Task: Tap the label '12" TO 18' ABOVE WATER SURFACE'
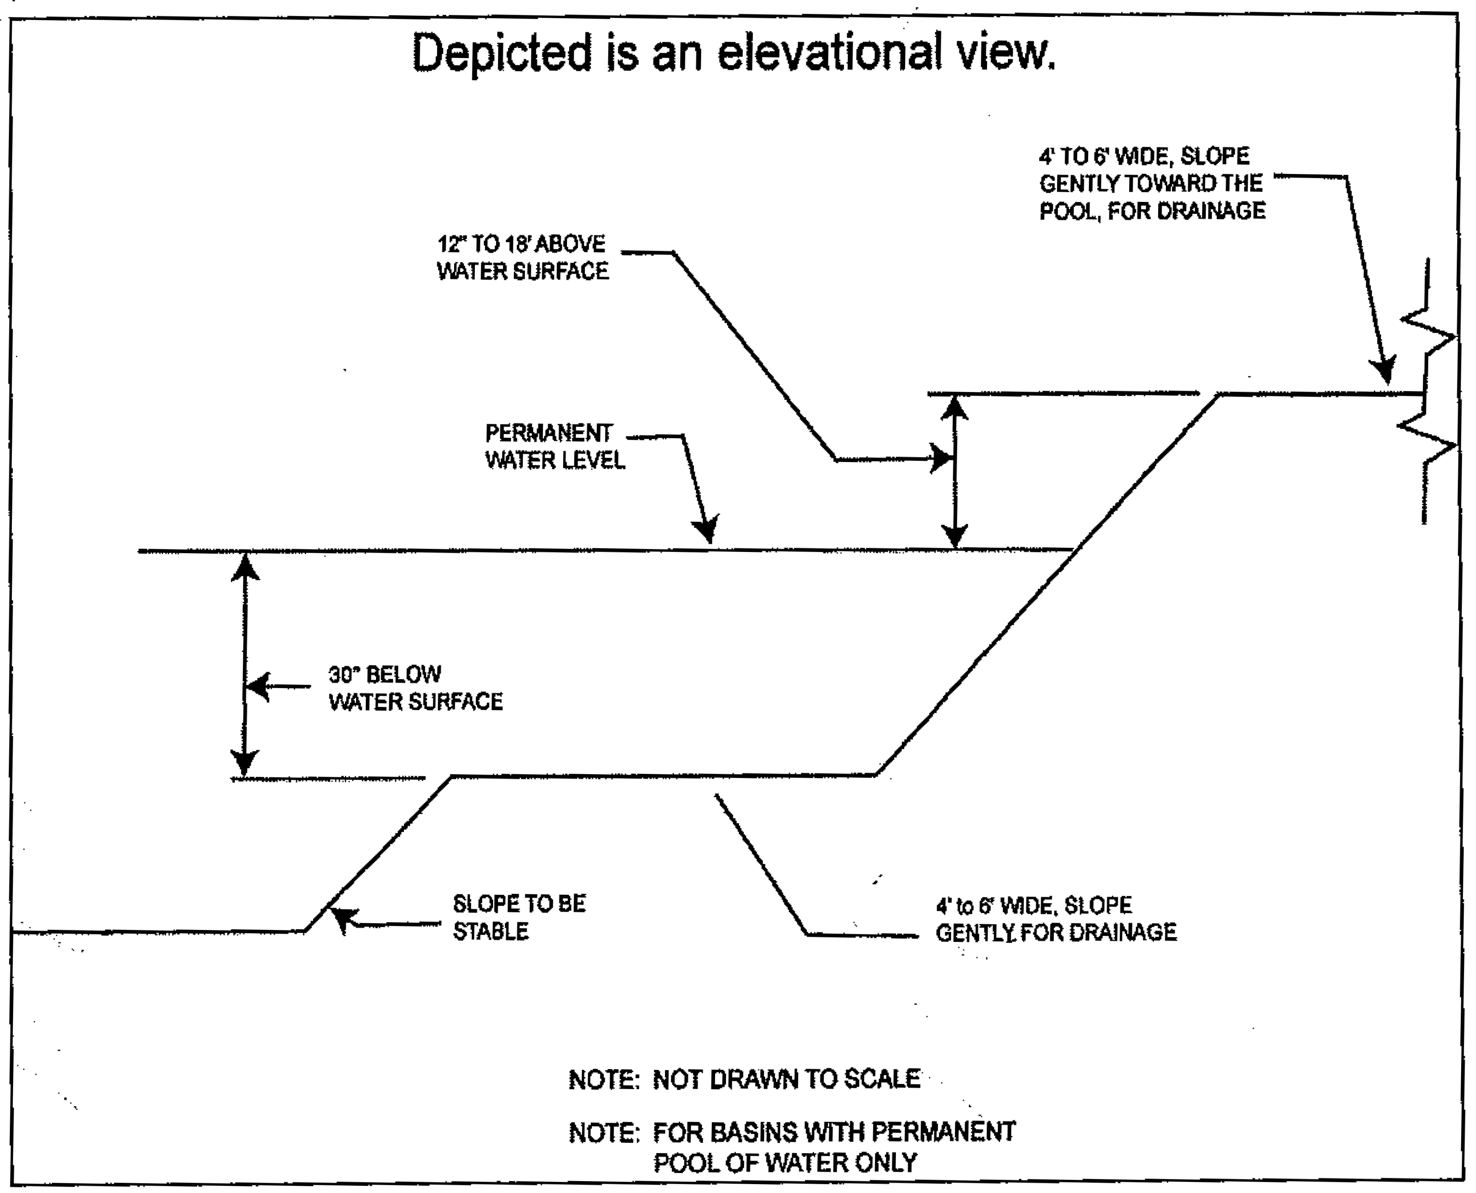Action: tap(522, 258)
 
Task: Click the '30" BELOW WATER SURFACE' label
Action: tap(415, 688)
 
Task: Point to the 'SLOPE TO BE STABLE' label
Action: tap(519, 917)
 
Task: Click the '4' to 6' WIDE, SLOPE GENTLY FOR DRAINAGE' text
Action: tap(1055, 919)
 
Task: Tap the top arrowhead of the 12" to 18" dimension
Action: tap(954, 408)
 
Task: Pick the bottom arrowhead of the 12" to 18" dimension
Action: tap(954, 535)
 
